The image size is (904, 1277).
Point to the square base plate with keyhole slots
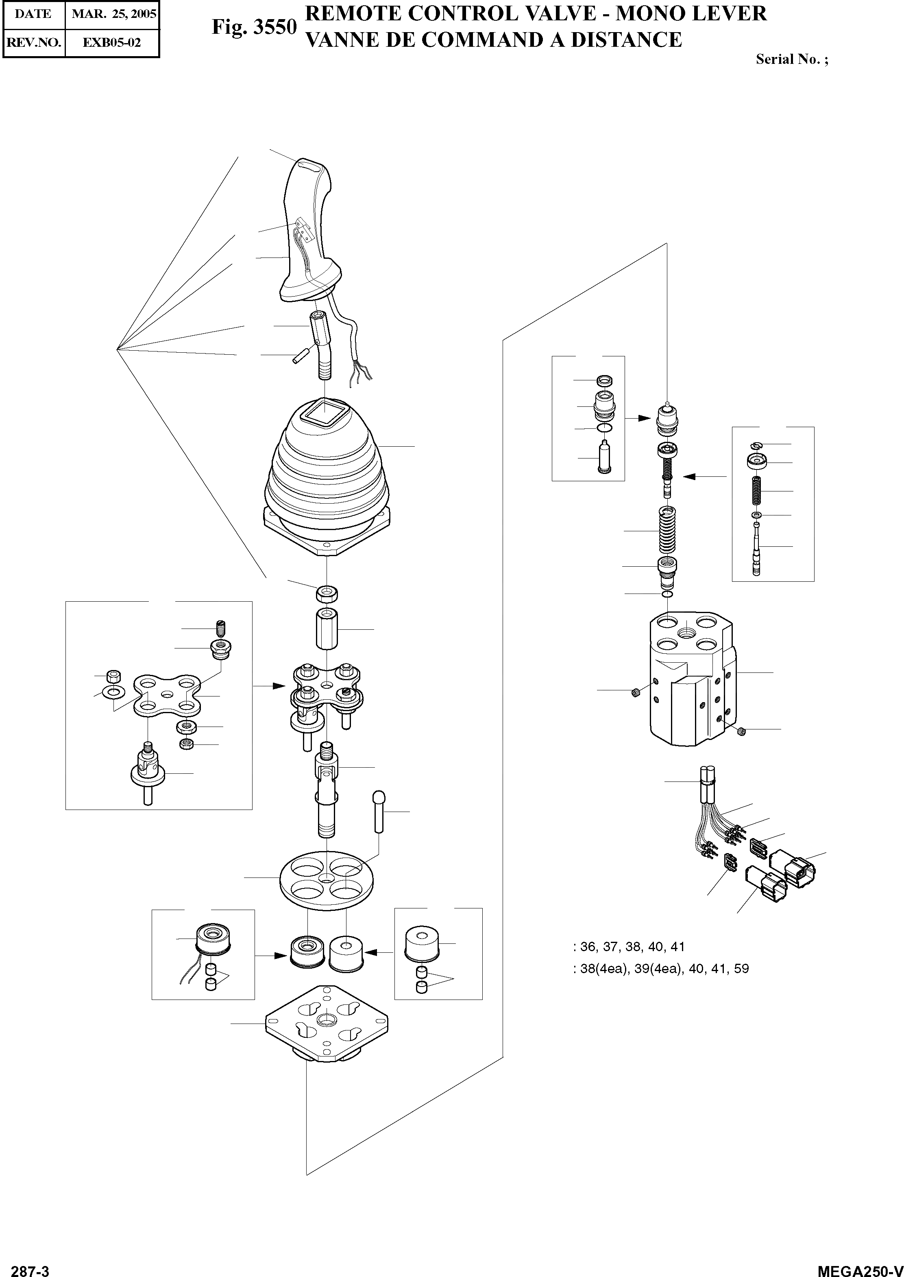(327, 1025)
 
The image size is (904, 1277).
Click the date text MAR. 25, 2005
(113, 14)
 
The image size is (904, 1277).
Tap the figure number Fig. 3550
(254, 27)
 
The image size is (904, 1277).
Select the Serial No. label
(791, 59)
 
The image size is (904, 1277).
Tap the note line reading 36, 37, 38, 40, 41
(629, 946)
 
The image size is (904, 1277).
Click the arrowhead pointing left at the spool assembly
(690, 477)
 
